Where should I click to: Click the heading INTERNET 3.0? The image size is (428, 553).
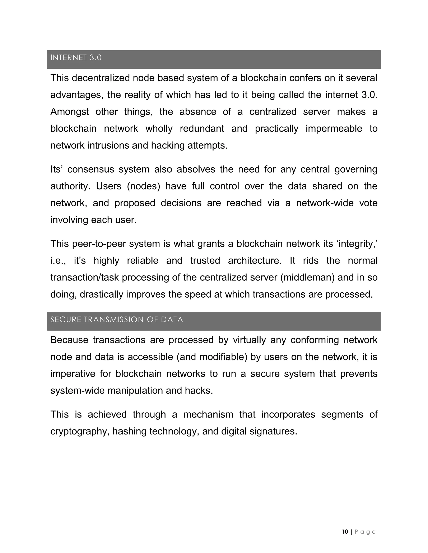pos(76,58)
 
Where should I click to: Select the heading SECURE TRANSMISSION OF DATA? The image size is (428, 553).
pos(116,319)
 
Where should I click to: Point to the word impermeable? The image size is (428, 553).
pos(334,129)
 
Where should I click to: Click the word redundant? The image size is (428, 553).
pos(202,129)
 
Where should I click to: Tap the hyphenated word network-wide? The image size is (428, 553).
pos(325,203)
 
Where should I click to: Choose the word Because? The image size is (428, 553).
pos(69,340)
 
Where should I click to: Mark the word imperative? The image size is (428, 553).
pos(73,374)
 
